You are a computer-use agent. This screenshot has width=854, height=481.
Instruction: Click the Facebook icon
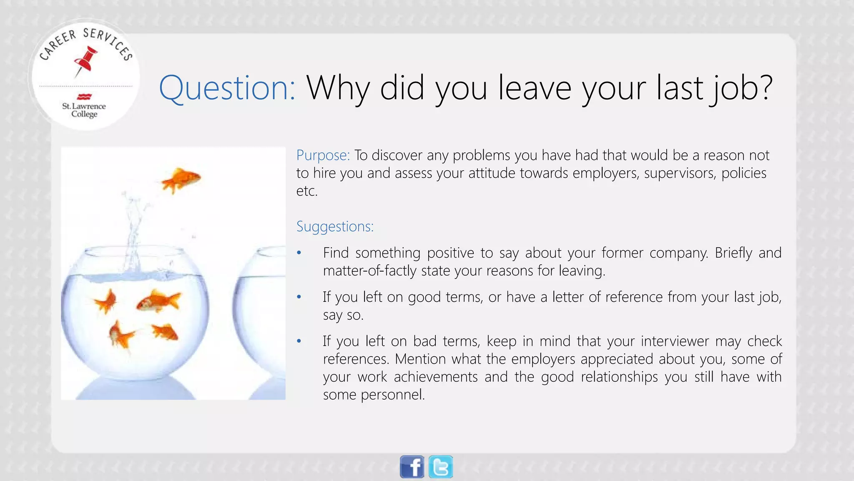coord(412,467)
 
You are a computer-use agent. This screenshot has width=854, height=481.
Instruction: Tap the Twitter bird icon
coord(441,467)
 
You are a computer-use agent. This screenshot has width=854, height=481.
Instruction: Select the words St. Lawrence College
coord(84,110)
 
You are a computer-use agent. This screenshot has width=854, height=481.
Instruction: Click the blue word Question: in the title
coord(227,88)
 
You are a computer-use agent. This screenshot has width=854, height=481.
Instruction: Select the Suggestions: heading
coord(335,226)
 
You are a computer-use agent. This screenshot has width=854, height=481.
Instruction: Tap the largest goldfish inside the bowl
coord(158,301)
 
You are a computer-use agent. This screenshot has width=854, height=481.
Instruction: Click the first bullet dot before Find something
coord(299,253)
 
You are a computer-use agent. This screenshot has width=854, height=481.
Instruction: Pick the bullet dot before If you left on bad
coord(299,342)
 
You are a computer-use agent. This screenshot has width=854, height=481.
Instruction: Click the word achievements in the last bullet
coord(436,377)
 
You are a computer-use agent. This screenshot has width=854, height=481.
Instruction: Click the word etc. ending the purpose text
coord(307,191)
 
